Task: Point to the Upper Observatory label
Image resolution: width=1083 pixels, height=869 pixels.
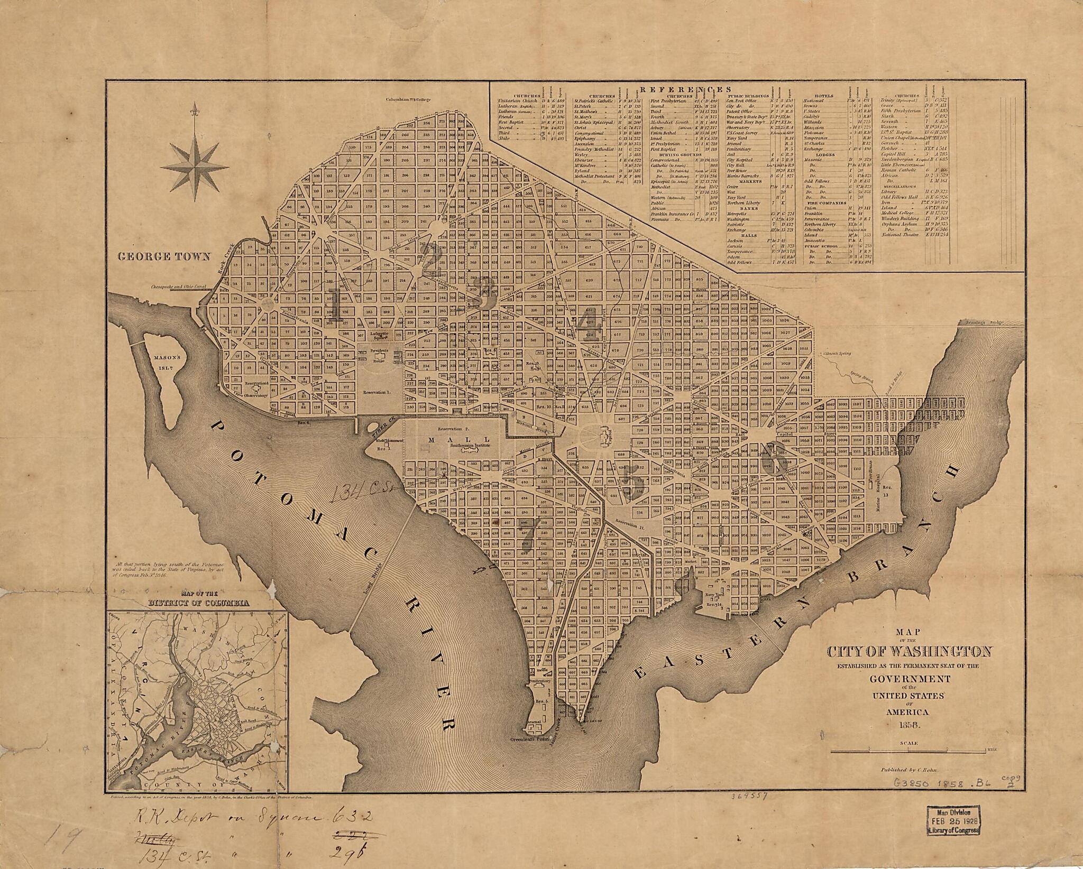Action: coord(250,394)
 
